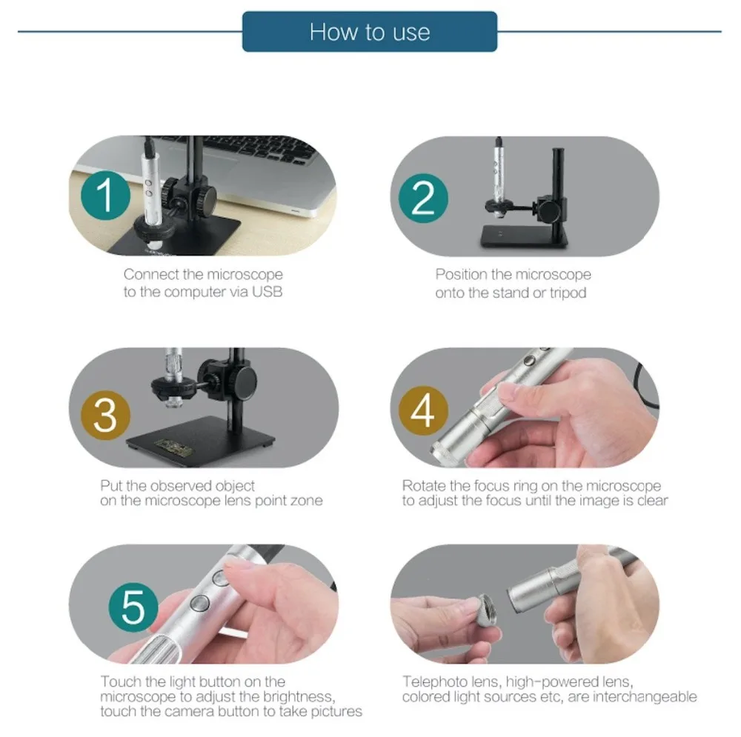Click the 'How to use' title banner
click(370, 32)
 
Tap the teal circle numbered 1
click(105, 195)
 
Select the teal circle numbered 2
click(423, 199)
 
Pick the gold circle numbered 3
click(105, 416)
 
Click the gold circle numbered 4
click(423, 410)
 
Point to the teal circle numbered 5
click(133, 607)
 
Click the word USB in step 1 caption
click(267, 292)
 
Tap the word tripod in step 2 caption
click(568, 293)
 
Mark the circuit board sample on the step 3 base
click(173, 447)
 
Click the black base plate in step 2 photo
click(524, 236)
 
